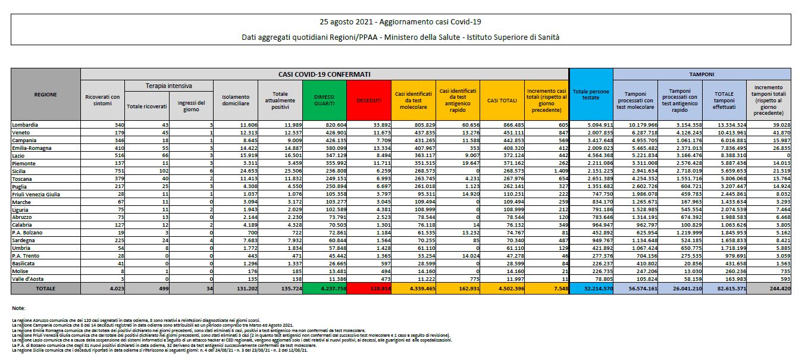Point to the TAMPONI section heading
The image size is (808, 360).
click(x=701, y=74)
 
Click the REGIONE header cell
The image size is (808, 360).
click(x=46, y=94)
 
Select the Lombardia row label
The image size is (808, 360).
click(x=25, y=125)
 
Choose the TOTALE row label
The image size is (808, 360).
click(x=46, y=288)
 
